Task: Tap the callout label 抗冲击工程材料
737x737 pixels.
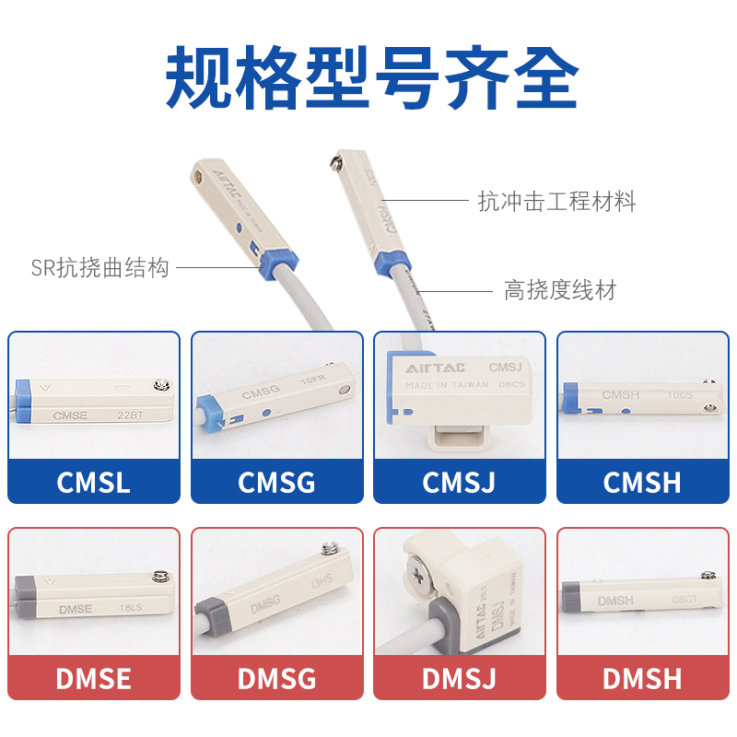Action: [556, 201]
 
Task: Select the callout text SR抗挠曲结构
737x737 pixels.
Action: [100, 269]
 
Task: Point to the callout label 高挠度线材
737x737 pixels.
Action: [559, 291]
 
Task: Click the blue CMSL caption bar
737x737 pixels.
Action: [94, 482]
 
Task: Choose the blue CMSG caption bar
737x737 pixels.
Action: [276, 482]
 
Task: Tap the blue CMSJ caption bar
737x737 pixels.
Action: [460, 482]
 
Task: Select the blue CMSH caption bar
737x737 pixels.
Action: [642, 482]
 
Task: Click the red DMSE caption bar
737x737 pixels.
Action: [94, 679]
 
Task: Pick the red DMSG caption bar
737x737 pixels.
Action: [276, 679]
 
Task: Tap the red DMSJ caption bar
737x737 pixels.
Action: [460, 679]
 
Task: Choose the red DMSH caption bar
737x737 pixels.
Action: [642, 679]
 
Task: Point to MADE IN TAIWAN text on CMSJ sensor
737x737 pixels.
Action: [448, 386]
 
